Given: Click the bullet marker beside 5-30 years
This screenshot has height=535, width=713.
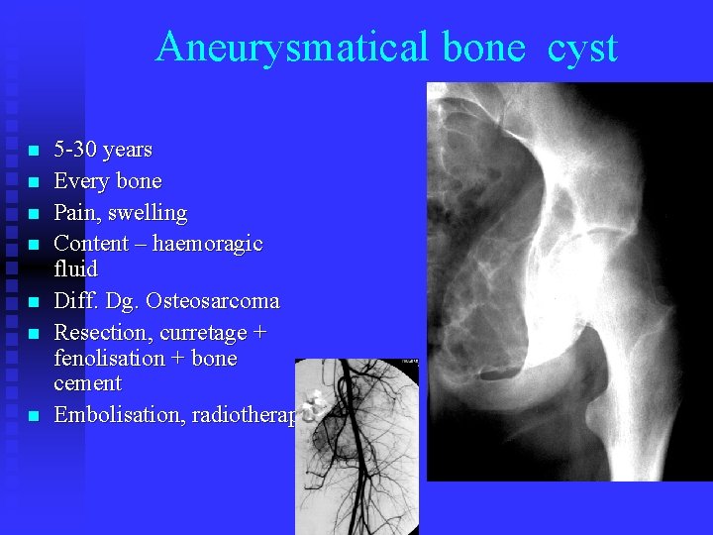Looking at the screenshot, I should [33, 152].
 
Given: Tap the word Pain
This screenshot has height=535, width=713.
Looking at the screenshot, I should [74, 212].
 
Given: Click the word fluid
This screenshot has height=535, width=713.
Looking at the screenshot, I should [75, 268].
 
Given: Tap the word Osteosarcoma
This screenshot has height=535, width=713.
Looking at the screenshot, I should [219, 300].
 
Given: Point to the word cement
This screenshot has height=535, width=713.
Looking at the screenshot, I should [87, 383].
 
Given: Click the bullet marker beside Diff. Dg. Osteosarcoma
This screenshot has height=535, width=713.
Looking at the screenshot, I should [33, 302].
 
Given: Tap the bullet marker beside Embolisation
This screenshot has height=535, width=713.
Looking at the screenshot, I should [33, 417].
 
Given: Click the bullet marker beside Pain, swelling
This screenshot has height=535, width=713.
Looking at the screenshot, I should [33, 214].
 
